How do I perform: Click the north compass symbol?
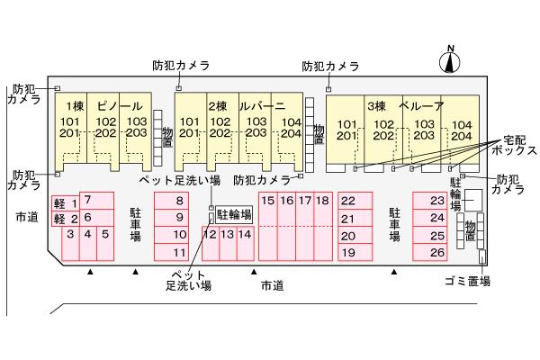point(450,60)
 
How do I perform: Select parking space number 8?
point(179,201)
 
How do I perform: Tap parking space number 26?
point(437,252)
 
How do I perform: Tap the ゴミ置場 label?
point(466,282)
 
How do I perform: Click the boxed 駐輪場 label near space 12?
point(233,215)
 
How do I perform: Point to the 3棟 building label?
point(375,104)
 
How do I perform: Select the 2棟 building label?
point(218,104)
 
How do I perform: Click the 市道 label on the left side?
point(27,218)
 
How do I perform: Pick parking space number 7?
point(87,199)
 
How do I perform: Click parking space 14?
point(245,235)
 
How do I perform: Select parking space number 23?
point(437,201)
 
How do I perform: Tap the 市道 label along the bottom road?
point(272,285)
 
